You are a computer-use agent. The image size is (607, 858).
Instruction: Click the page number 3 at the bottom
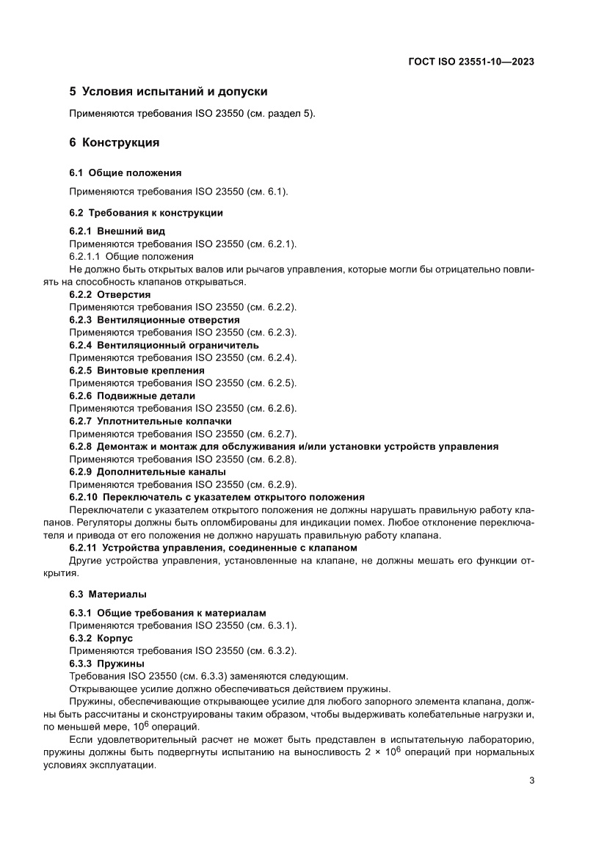531,781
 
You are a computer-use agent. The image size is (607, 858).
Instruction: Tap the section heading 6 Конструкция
114,142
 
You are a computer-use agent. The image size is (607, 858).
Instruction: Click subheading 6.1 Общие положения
125,172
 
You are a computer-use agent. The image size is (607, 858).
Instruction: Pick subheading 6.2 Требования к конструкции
146,213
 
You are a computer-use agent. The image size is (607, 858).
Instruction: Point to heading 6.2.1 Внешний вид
112,231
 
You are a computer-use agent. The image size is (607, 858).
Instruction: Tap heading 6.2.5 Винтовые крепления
137,371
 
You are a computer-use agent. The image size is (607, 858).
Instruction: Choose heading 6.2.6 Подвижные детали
132,396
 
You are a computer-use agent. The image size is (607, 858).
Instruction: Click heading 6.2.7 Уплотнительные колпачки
150,421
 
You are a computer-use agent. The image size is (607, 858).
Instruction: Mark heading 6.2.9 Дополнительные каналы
148,472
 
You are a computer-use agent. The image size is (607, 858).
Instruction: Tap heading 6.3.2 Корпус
101,639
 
